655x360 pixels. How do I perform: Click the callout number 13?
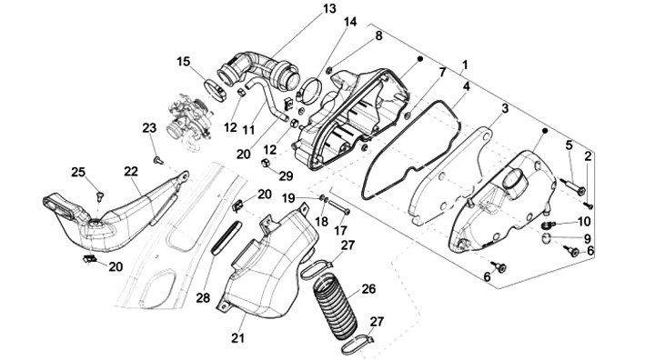(x=329, y=8)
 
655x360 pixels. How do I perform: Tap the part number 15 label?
(x=183, y=62)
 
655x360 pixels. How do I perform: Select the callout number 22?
(x=131, y=171)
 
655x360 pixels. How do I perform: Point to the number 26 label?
(x=368, y=289)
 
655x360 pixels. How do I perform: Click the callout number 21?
(x=237, y=338)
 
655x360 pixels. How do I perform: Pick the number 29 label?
(x=286, y=175)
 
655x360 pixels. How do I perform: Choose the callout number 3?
(x=505, y=109)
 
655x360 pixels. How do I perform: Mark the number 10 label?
(x=583, y=221)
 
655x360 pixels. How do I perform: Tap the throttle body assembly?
(x=188, y=121)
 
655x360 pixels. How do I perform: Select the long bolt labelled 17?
(x=338, y=207)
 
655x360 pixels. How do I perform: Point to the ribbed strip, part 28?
(x=226, y=237)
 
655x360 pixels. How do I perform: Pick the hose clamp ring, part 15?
(x=215, y=90)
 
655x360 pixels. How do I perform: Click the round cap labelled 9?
(x=548, y=239)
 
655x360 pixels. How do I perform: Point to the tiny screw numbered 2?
(x=589, y=205)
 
